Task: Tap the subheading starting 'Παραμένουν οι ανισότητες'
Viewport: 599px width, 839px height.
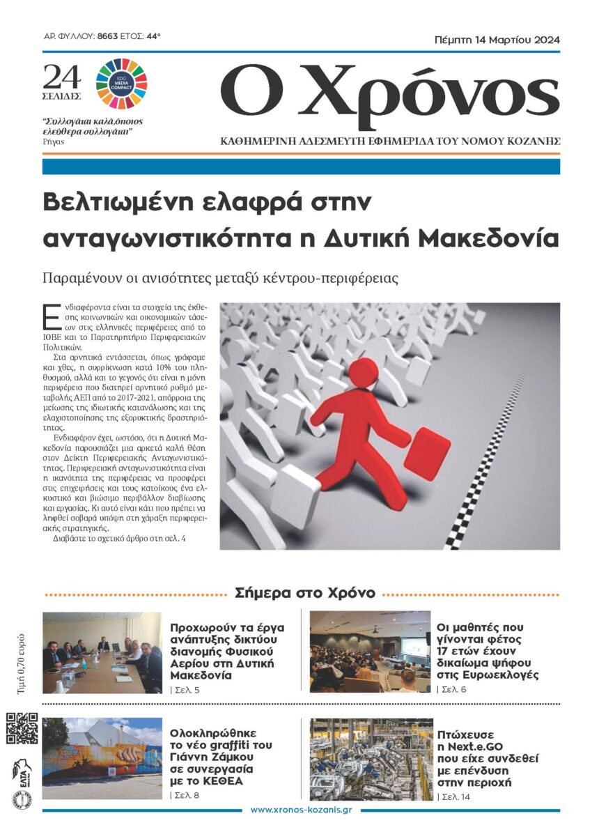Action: point(219,277)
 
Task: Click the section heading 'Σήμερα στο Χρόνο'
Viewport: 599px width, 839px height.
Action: point(305,593)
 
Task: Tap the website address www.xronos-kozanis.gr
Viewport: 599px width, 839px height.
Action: point(300,809)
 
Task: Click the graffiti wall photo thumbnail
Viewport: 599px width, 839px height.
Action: point(102,758)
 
